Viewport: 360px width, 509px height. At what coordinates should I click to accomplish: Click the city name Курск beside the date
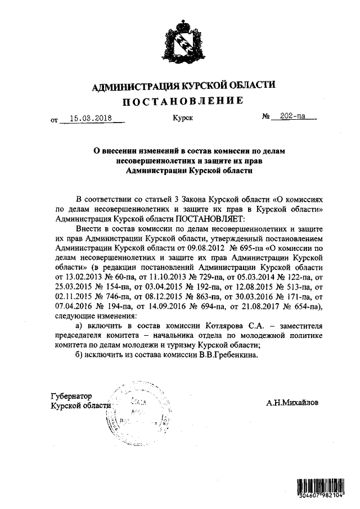tap(183, 118)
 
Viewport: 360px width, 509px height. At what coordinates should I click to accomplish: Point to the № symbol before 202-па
tap(267, 118)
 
